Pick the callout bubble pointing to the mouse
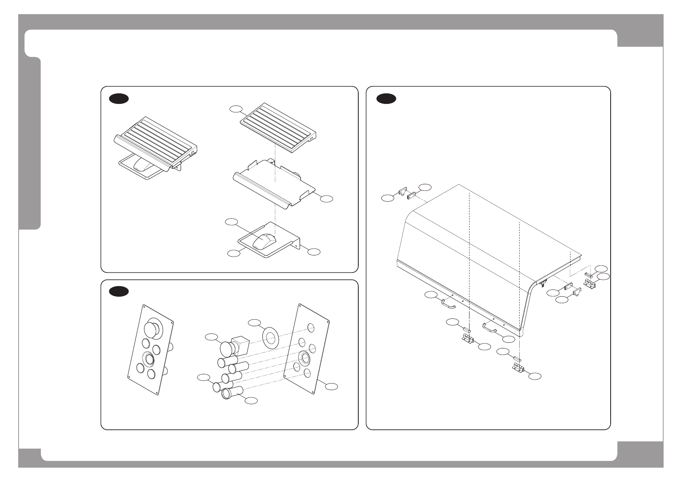231,222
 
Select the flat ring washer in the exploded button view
271,337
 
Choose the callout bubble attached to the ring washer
254,322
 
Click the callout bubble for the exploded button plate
331,386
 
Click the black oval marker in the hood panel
386,99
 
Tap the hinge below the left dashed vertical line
469,340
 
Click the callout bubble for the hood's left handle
431,295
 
